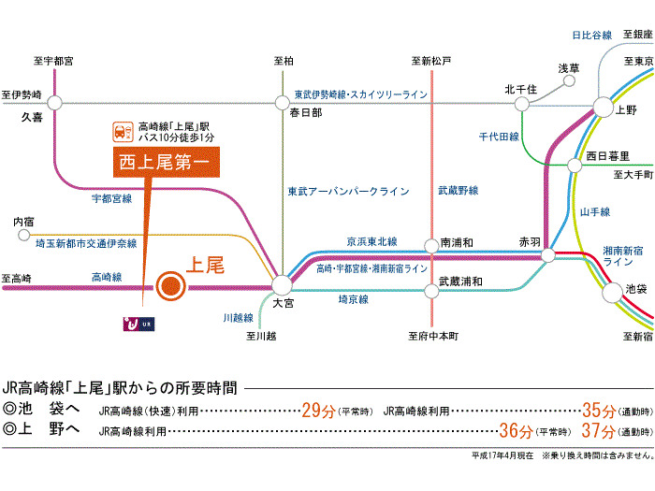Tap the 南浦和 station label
coord(456,243)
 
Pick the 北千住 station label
coord(519,89)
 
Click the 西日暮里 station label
coord(608,154)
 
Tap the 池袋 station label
coord(635,289)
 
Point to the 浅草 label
coord(569,68)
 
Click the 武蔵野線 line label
coord(458,191)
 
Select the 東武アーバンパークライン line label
coord(348,191)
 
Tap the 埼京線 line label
coord(353,299)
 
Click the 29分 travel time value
coord(318,410)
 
